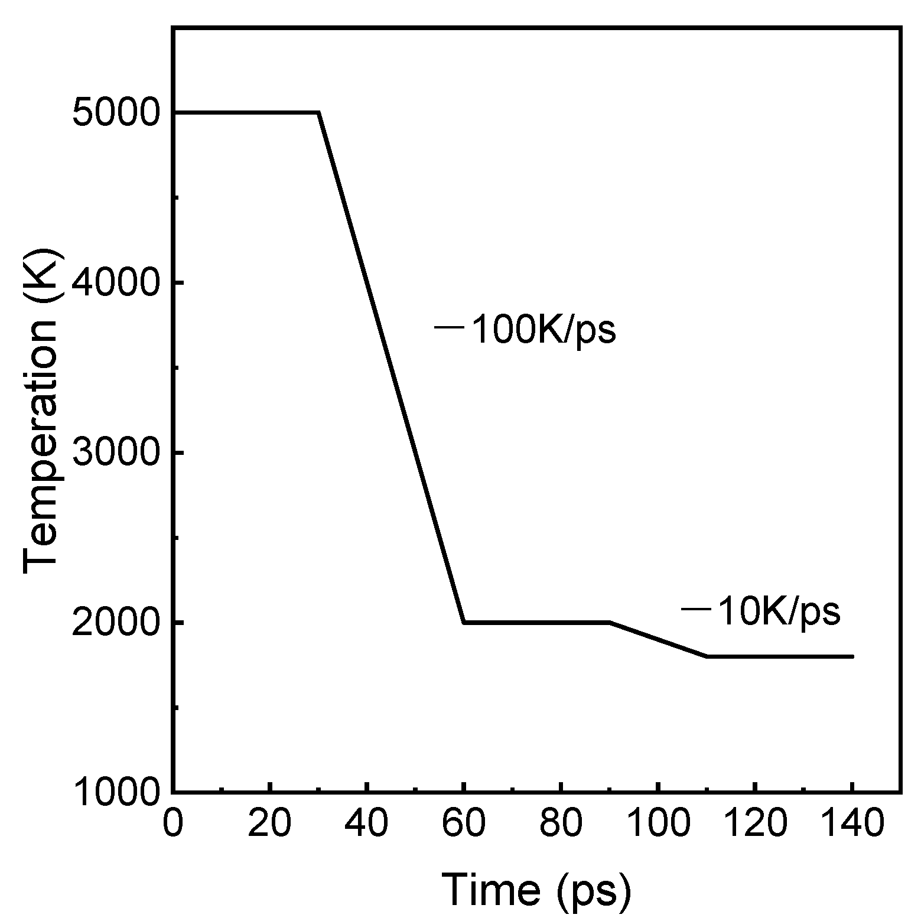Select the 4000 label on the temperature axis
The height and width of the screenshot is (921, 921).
coord(116,283)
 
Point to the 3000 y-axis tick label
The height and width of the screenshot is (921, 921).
coord(116,453)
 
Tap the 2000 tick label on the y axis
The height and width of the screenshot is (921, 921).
coord(116,623)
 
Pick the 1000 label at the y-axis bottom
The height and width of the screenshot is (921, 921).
coord(116,793)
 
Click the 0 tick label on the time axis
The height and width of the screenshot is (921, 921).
coord(173,823)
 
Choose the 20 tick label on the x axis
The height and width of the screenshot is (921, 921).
coord(269,823)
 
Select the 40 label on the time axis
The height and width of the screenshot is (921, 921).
coord(367,823)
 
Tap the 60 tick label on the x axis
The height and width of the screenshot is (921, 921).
coord(464,823)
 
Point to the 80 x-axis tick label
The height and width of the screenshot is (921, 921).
coord(561,823)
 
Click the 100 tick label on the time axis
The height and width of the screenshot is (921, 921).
coord(658,823)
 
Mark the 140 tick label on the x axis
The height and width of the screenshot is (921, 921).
coord(852,823)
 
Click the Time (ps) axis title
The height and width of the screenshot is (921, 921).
coord(536,889)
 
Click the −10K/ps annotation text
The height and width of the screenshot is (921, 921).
coord(761,612)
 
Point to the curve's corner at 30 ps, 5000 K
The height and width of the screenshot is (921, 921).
coord(319,112)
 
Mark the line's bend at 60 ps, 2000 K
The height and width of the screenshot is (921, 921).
coord(464,623)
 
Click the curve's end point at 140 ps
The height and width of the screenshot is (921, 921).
coord(852,656)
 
